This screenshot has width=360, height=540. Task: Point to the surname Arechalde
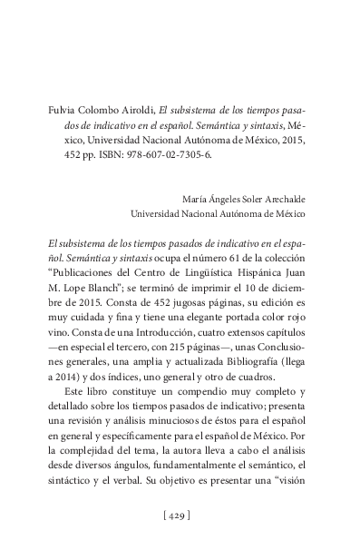[x=278, y=201]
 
